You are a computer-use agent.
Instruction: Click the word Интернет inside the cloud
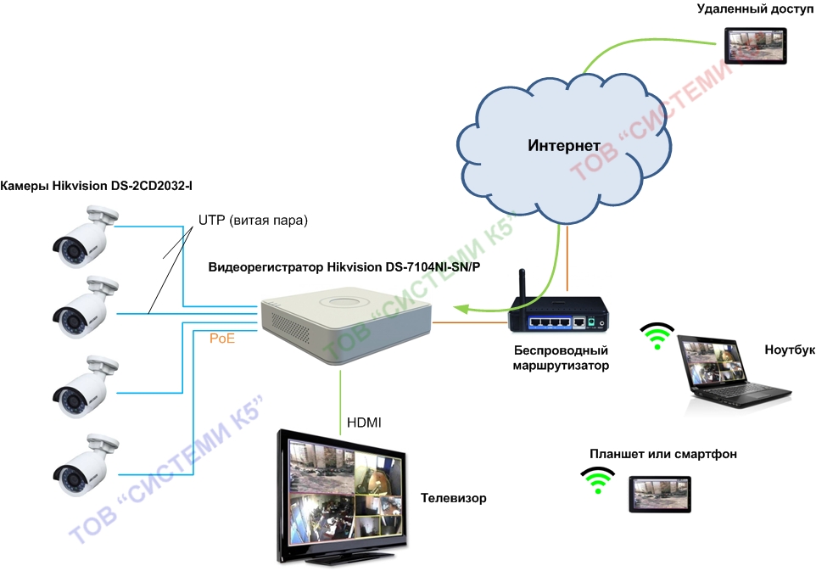(x=563, y=145)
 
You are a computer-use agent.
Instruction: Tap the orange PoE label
(x=222, y=339)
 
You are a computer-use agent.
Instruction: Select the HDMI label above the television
(x=364, y=423)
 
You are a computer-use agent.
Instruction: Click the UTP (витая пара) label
(x=253, y=221)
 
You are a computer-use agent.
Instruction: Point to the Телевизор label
(x=453, y=498)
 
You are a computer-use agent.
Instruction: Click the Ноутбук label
(x=790, y=350)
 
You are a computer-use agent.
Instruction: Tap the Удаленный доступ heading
(x=755, y=8)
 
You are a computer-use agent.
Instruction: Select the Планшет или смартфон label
(x=663, y=454)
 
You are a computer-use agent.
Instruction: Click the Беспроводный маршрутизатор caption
(x=561, y=357)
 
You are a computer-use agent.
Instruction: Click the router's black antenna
(x=522, y=285)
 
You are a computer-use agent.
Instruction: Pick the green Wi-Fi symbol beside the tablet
(x=597, y=480)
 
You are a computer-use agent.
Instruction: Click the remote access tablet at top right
(x=755, y=46)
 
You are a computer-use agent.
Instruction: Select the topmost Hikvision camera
(x=86, y=237)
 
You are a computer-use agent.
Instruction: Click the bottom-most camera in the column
(x=86, y=465)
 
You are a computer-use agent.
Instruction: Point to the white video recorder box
(x=346, y=324)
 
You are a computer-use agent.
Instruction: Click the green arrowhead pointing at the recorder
(x=461, y=309)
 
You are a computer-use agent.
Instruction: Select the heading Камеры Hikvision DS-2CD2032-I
(x=97, y=186)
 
